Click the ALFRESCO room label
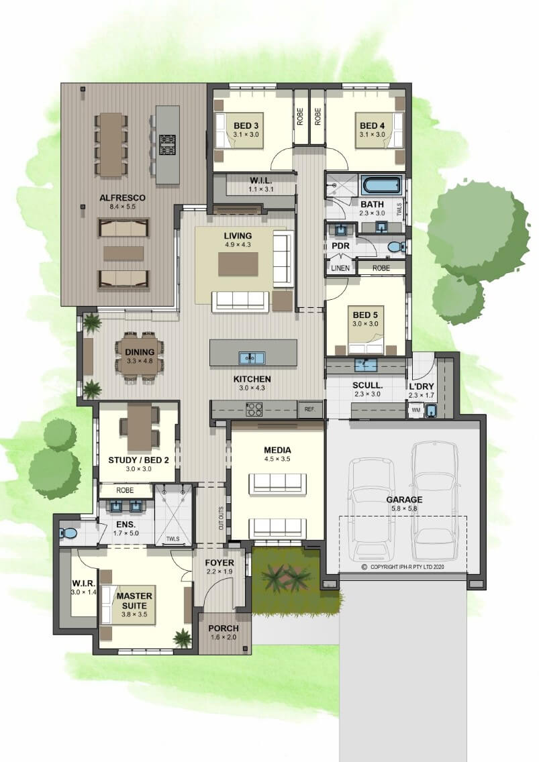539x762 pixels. coord(122,198)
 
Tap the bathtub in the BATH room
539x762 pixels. coord(381,185)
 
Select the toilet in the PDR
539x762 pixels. coord(396,247)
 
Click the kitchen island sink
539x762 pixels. coord(252,358)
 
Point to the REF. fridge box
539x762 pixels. coord(310,410)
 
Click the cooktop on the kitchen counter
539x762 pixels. coord(254,410)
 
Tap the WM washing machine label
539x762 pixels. coord(416,410)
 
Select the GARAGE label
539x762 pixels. coord(404,500)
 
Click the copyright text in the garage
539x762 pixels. coord(403,567)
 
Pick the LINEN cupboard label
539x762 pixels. coord(340,268)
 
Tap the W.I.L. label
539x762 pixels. coord(261,181)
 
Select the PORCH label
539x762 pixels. coord(224,629)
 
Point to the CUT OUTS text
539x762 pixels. coord(221,518)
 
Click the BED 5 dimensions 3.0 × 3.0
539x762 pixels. coord(365,324)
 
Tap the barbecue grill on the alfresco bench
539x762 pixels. coord(167,144)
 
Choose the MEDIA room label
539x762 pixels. coord(277,450)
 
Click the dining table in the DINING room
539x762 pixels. coord(139,358)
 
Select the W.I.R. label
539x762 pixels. coord(84,583)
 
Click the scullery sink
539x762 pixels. coord(366,364)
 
